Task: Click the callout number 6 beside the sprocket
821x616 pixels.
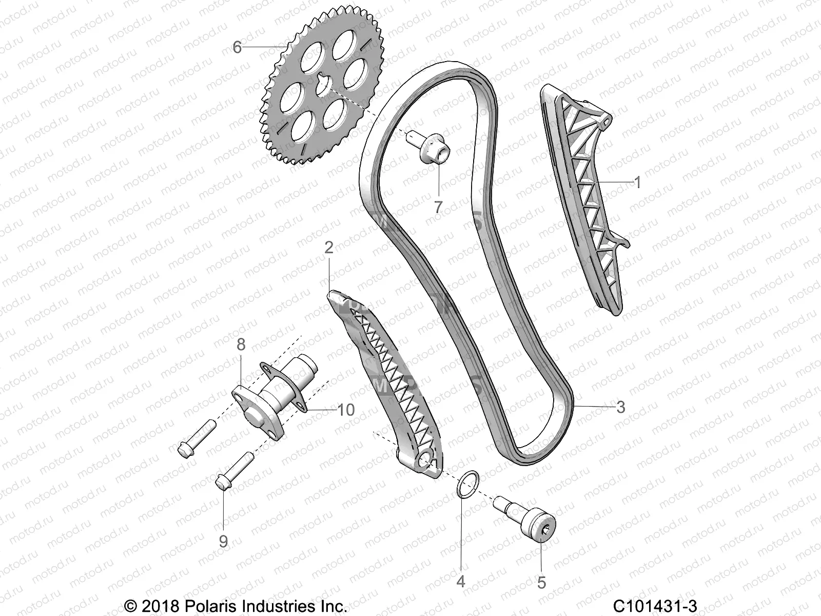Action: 237,47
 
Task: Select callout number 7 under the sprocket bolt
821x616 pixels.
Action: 438,207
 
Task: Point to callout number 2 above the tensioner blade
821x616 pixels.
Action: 329,248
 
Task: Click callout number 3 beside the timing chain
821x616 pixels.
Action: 621,407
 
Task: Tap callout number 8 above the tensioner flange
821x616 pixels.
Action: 241,344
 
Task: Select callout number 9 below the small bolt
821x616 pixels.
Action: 223,542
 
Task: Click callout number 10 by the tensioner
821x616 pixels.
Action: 346,410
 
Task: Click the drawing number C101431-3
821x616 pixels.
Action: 657,606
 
